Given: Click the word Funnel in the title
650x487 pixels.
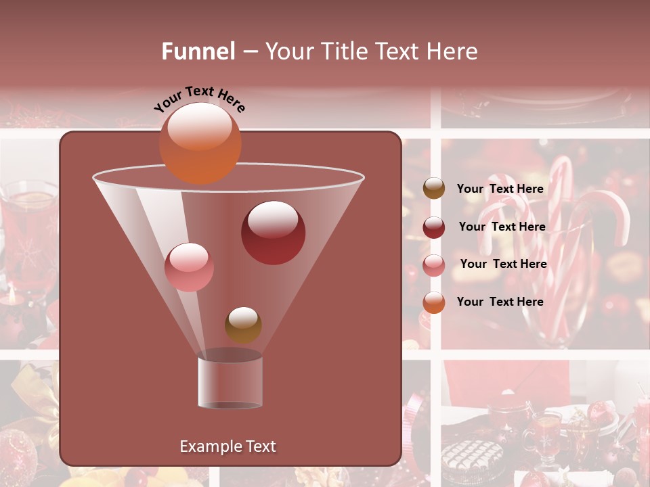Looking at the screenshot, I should [x=198, y=51].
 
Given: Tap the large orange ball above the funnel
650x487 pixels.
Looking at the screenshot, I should [x=200, y=143].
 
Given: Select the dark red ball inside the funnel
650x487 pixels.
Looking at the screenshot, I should [x=273, y=233].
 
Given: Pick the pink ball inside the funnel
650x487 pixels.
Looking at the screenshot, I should [x=189, y=267].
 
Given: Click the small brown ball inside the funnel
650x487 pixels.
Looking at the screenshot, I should [x=243, y=325].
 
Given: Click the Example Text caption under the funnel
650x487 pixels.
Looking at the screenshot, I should [x=227, y=446].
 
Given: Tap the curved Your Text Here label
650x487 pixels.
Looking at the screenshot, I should [x=199, y=99].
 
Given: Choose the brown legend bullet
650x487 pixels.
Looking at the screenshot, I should [x=434, y=189].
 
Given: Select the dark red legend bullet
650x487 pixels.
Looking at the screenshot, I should [x=434, y=227].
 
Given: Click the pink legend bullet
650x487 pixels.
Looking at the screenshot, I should [x=434, y=264].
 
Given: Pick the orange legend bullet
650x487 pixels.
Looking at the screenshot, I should [x=434, y=302].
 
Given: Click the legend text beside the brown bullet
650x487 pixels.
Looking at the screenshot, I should [x=500, y=189].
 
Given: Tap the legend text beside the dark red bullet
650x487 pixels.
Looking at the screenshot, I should [x=502, y=227].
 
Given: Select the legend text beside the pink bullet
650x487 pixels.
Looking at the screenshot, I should [x=503, y=264].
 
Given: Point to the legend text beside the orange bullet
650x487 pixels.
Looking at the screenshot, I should [x=500, y=302].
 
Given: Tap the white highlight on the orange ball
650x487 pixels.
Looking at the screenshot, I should [x=200, y=126].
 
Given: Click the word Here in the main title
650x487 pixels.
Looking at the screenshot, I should [x=452, y=51].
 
